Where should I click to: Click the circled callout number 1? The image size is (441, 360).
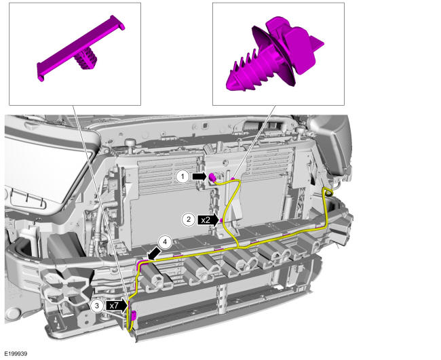183,176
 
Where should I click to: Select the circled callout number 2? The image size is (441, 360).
189,219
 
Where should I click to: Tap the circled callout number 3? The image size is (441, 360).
97,306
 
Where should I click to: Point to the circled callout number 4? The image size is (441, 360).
166,242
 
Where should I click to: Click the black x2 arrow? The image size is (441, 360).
208,220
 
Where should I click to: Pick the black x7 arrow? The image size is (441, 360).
117,306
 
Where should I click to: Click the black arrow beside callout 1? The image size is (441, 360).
199,176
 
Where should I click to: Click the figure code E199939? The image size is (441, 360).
16,353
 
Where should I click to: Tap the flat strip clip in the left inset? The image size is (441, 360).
81,47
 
